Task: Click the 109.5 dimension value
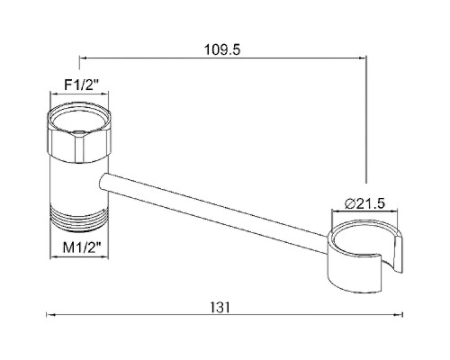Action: (222, 49)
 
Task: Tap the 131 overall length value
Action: (220, 307)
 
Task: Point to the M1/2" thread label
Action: (82, 247)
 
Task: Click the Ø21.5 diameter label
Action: (365, 203)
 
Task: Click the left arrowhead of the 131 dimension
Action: (50, 315)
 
